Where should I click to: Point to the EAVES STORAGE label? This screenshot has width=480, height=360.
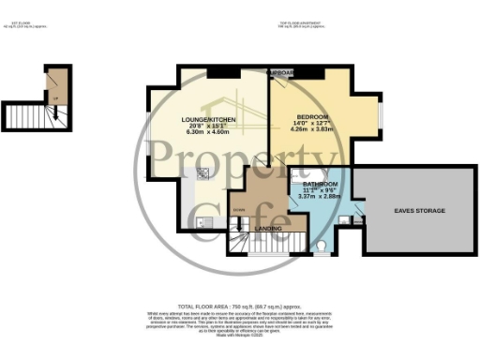(419, 211)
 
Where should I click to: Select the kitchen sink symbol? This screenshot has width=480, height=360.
(202, 221)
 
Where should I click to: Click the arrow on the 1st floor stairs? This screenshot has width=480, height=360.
(53, 113)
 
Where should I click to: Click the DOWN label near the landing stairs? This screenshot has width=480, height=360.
(238, 208)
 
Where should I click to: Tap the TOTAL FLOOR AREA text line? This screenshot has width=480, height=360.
(240, 307)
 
